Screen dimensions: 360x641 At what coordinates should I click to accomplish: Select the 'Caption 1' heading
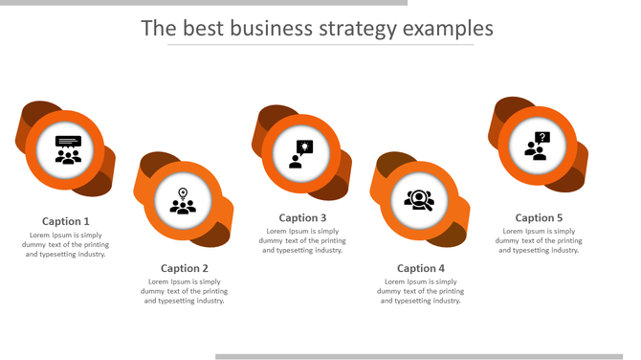click(x=66, y=221)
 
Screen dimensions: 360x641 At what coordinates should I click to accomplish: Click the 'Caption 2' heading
click(x=185, y=268)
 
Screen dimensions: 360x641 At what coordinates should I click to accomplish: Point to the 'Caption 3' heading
click(x=303, y=217)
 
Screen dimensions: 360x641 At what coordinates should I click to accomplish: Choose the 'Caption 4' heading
click(x=421, y=268)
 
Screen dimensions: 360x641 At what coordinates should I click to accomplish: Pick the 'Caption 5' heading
click(x=540, y=217)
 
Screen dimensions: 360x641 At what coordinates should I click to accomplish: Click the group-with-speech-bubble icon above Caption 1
click(x=68, y=150)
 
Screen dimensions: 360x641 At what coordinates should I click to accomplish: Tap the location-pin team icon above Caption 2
click(x=183, y=201)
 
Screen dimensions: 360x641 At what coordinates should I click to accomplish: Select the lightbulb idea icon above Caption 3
click(x=301, y=153)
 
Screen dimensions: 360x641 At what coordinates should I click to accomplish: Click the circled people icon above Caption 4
click(x=419, y=200)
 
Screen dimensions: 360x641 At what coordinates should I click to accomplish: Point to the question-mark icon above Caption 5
click(x=537, y=145)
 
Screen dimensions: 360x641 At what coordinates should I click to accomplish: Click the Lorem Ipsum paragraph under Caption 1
click(x=66, y=244)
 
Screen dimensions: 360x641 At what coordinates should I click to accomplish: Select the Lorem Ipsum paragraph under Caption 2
click(x=185, y=291)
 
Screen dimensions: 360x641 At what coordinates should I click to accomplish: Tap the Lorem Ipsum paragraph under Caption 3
click(x=303, y=240)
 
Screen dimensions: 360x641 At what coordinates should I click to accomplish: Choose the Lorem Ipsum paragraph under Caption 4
click(x=421, y=291)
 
